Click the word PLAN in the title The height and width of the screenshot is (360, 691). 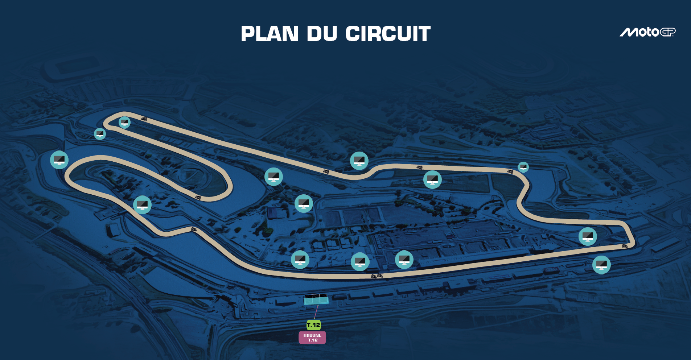pos(270,34)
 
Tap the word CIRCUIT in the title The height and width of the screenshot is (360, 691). pos(388,34)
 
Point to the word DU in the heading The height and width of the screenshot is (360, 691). pos(322,34)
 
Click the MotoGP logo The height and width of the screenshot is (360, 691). pos(647,32)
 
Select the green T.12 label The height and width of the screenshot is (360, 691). pos(313,325)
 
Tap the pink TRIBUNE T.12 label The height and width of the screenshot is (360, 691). pos(312,338)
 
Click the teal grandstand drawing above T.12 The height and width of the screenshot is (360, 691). pos(316,299)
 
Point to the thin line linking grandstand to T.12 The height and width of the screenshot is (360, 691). pos(316,312)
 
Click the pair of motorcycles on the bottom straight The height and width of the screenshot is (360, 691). pos(377,276)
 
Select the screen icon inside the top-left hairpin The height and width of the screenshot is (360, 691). pos(124,122)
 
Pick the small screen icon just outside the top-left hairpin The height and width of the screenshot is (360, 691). pos(100,134)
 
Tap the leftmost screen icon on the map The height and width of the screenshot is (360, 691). pos(59,160)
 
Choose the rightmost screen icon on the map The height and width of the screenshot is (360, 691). pos(601,265)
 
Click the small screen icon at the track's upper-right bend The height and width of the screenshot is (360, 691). pos(523,167)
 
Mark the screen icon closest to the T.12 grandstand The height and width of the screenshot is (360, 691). pos(300,259)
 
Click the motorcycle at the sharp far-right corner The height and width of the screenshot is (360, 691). pos(625,246)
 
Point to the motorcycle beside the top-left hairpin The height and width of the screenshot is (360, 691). pos(144,119)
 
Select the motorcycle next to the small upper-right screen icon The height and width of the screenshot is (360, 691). pos(510,171)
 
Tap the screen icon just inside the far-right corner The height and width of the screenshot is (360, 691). pos(588,236)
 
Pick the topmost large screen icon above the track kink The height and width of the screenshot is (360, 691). pos(359,161)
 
